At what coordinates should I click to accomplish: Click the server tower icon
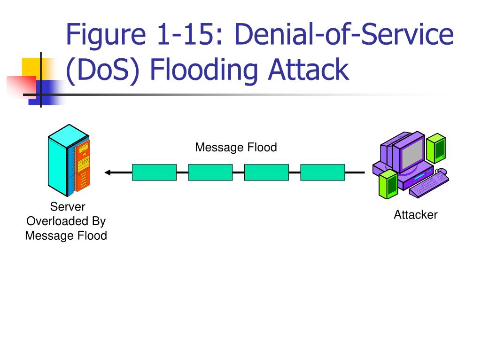click(x=69, y=160)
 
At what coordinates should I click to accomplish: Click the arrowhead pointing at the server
click(x=108, y=173)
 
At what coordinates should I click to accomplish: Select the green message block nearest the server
click(x=154, y=172)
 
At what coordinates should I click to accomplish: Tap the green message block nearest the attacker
click(x=322, y=172)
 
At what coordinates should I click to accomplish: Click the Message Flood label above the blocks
click(x=236, y=147)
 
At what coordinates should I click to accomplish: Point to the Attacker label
click(x=416, y=214)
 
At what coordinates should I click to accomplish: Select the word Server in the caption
click(x=68, y=207)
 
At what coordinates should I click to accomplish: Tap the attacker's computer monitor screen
click(x=412, y=153)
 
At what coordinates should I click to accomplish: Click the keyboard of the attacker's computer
click(x=429, y=185)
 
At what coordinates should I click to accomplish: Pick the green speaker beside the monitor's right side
click(x=436, y=148)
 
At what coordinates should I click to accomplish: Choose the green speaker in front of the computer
click(x=388, y=184)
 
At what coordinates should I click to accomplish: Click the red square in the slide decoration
click(x=21, y=86)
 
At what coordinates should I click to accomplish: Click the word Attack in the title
click(x=309, y=70)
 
